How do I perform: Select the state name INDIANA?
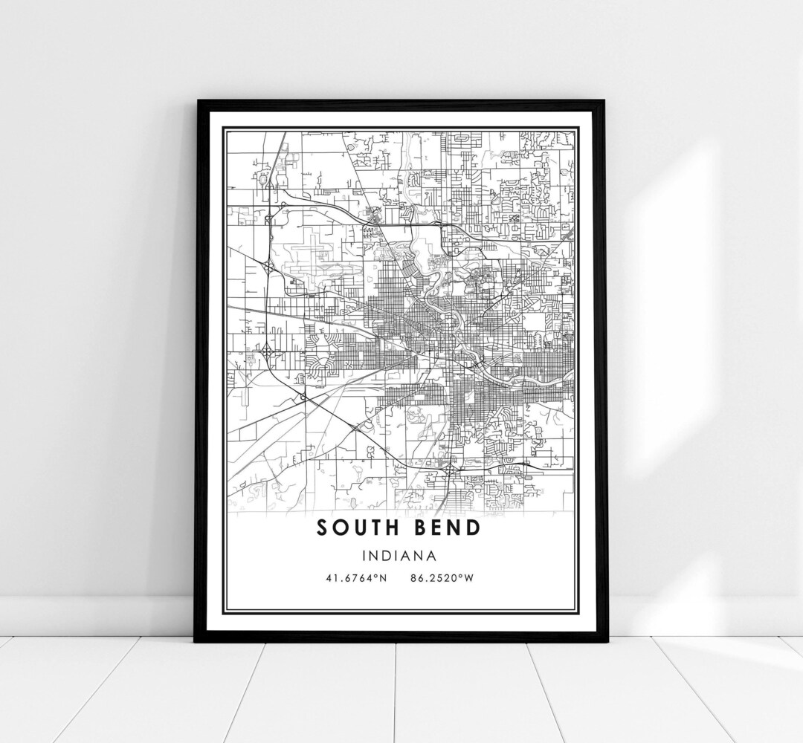[400, 554]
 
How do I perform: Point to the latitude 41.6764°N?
[356, 579]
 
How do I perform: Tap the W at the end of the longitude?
[468, 579]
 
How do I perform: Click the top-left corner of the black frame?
[196, 101]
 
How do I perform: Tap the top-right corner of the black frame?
[605, 101]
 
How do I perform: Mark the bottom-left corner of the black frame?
[195, 641]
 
